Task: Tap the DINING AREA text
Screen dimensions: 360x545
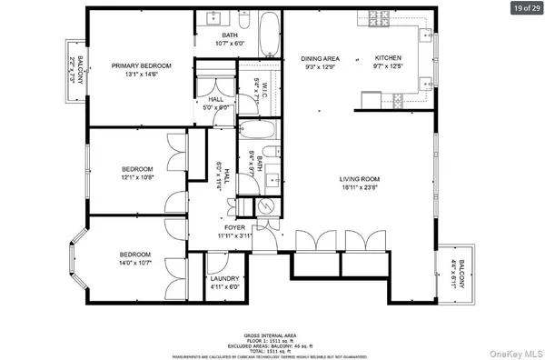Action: (320, 58)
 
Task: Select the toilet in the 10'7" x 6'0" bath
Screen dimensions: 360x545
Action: (245, 20)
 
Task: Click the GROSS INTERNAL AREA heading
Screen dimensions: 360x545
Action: (272, 333)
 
